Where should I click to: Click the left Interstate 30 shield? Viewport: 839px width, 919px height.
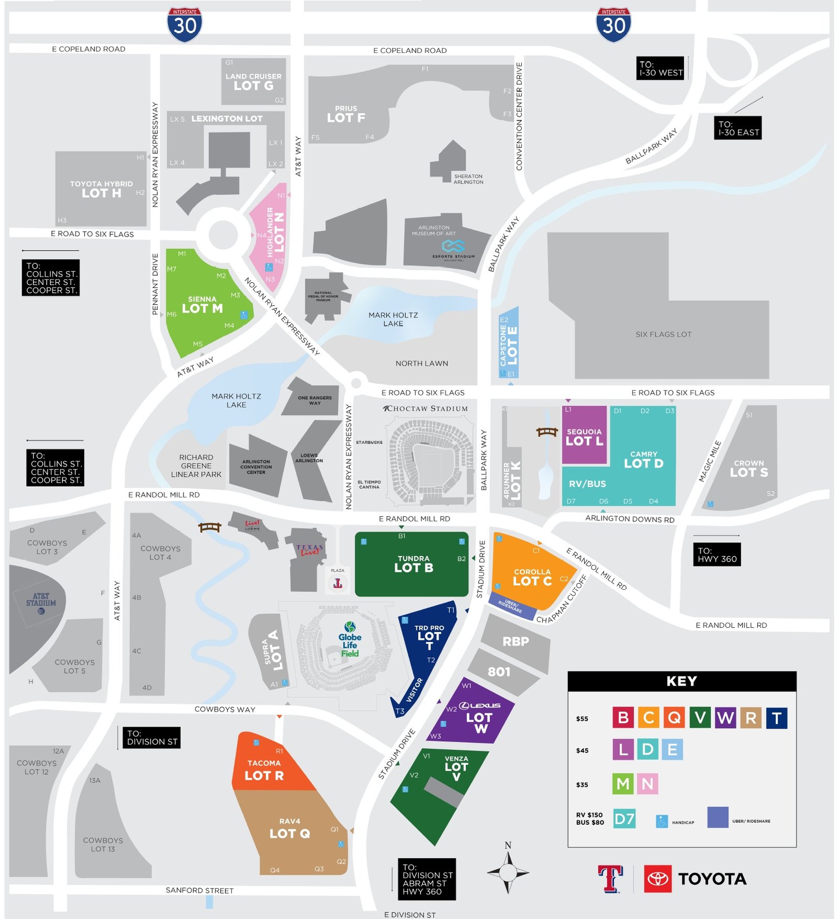185,25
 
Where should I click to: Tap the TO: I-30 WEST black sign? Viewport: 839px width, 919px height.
661,68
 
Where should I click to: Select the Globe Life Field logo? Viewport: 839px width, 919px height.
350,639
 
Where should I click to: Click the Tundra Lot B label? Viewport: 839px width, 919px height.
413,564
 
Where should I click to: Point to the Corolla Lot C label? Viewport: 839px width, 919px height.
532,578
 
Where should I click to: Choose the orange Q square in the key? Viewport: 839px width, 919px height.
674,718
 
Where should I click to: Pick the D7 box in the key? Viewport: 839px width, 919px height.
624,819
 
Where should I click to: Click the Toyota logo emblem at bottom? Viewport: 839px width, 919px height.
657,879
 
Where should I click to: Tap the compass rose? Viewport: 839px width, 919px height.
508,872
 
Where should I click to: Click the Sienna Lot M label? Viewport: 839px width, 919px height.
202,305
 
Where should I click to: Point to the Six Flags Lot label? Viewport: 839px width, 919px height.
663,334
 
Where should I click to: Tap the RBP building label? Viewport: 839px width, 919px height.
515,642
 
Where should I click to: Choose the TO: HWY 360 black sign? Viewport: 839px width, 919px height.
717,555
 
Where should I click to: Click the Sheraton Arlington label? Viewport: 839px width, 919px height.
468,179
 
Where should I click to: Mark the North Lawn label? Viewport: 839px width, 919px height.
422,363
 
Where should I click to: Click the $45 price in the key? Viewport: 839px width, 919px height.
582,751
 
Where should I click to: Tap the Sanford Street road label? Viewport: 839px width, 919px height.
199,890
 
